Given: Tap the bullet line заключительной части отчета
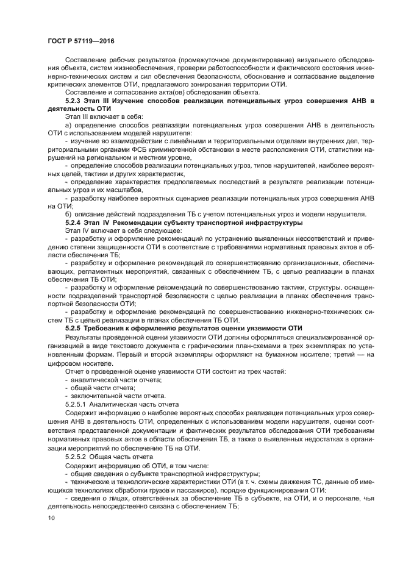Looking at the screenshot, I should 109,396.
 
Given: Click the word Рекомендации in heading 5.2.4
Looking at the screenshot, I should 138,223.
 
